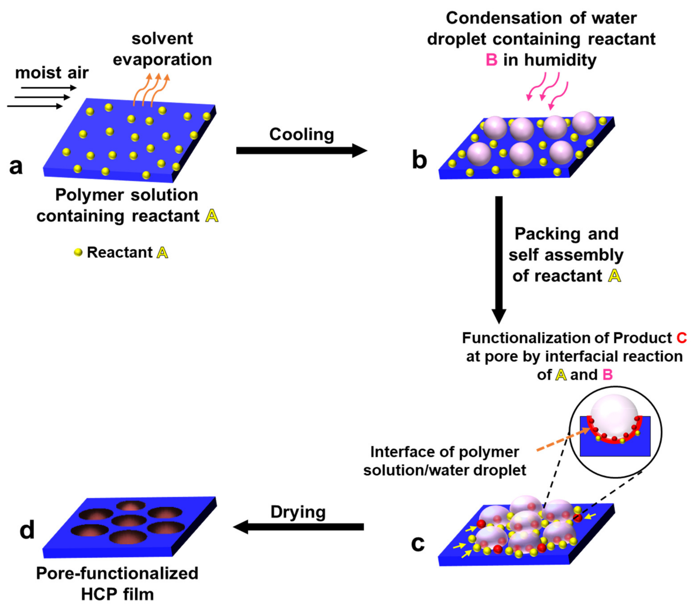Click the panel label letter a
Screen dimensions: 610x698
coord(16,166)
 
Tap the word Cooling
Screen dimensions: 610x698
coord(301,134)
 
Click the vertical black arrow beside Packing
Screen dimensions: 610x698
coord(499,259)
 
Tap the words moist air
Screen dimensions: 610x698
coord(52,73)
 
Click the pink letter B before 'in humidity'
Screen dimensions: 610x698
coord(491,60)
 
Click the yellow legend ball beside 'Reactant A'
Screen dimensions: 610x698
coord(78,252)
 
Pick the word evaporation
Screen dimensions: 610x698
coord(162,59)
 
